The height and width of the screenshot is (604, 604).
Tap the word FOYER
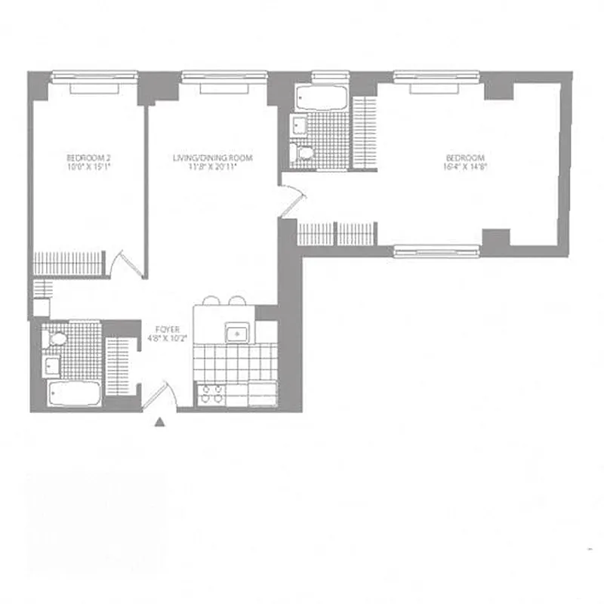(x=167, y=329)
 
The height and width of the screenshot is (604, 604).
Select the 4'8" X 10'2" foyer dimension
(x=167, y=339)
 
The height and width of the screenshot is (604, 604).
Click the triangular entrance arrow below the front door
(x=159, y=424)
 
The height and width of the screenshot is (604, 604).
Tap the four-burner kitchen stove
(x=210, y=395)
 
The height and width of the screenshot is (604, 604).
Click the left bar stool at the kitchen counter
(x=211, y=300)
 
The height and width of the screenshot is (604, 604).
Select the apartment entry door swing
(x=162, y=395)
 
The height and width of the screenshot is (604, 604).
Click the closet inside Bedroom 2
(x=68, y=263)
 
